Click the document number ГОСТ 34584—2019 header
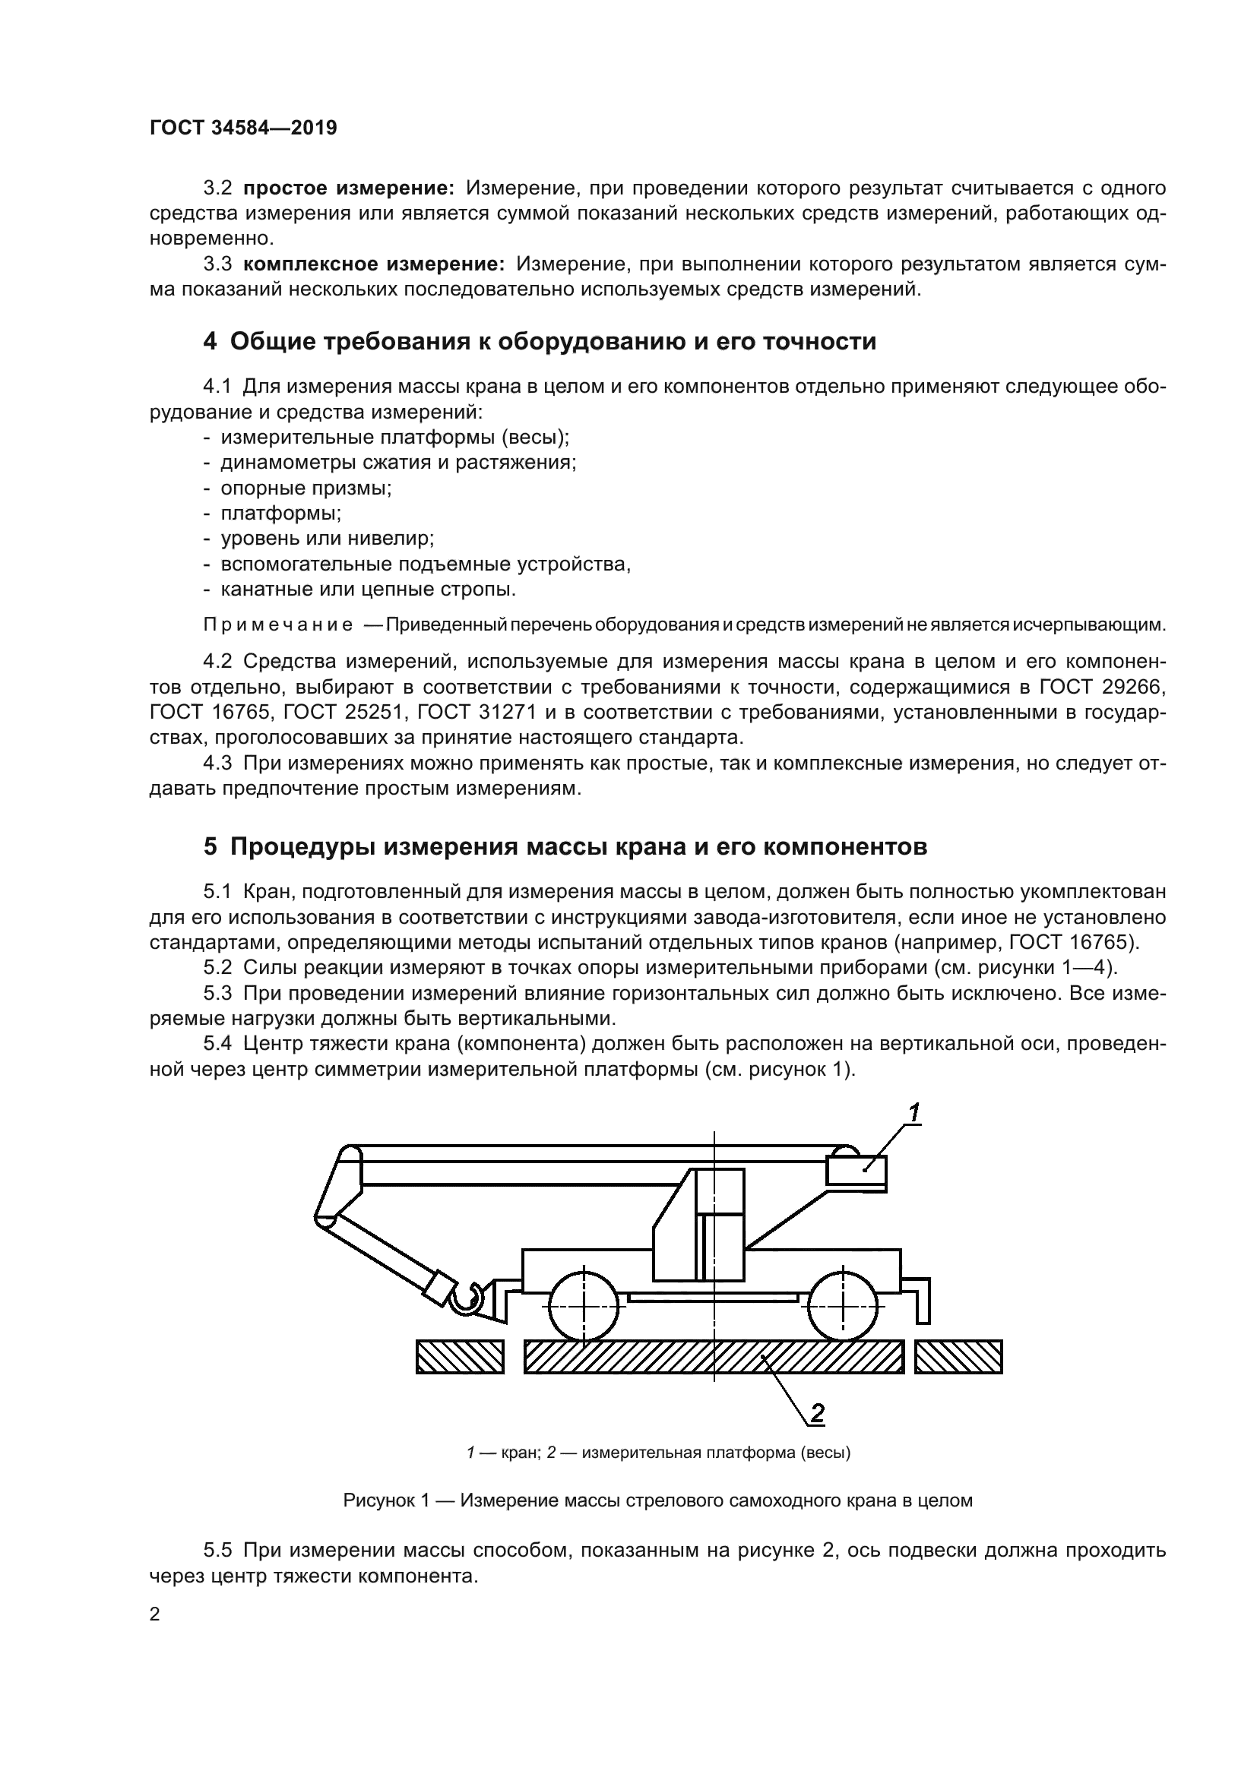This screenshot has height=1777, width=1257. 243,128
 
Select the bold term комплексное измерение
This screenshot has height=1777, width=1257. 374,264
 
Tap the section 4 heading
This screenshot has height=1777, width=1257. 540,341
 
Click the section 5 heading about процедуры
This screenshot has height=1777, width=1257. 565,846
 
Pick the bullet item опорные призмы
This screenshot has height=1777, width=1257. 306,489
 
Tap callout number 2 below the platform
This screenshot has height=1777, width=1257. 816,1413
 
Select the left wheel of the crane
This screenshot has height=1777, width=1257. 584,1307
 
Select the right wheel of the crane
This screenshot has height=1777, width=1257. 844,1307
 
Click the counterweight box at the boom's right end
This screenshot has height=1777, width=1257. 856,1169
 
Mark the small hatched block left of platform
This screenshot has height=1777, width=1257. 460,1357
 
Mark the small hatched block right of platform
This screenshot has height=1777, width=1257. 958,1357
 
